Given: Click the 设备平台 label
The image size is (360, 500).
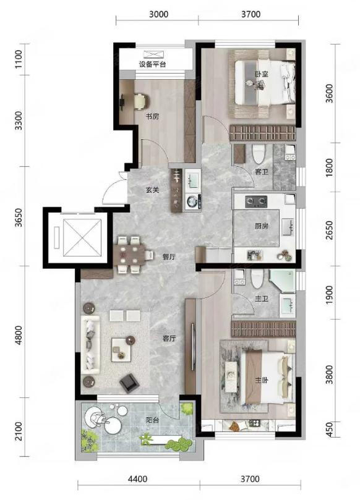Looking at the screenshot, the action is click(152, 64).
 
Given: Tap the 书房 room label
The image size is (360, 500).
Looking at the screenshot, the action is click(152, 116).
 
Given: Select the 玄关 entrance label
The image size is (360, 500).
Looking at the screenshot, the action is click(152, 190).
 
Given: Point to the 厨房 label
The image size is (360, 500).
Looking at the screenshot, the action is click(262, 226).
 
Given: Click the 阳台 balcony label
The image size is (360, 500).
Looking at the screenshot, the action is click(152, 420).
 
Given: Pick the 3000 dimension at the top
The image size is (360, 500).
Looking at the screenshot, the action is click(158, 14).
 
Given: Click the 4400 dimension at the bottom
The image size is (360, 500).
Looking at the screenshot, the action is click(137, 478).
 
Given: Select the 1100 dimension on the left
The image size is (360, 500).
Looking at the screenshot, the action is click(19, 59).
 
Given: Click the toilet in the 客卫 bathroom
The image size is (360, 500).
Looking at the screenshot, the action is click(258, 154).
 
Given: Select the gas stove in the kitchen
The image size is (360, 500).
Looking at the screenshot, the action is click(256, 201).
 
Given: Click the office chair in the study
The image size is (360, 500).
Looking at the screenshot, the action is click(141, 101).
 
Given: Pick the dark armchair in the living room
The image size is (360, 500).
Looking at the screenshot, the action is click(129, 383).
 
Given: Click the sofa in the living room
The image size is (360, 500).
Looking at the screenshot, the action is click(90, 344).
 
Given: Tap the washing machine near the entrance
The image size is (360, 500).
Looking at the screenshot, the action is click(192, 201).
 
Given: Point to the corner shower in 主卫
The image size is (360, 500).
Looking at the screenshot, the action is click(282, 281).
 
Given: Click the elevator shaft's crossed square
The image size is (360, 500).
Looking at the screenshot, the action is click(82, 237).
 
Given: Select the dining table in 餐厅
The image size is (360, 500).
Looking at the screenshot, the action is click(131, 255).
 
